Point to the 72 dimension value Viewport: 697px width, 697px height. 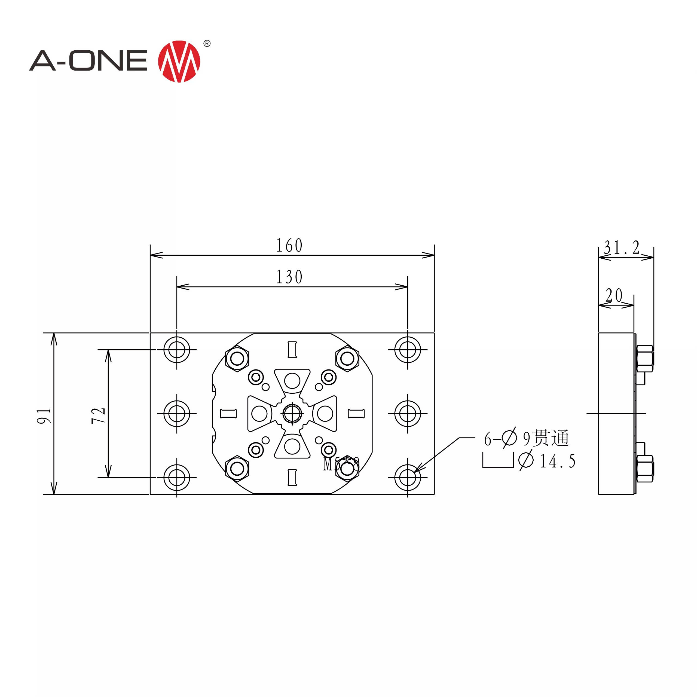tap(98, 415)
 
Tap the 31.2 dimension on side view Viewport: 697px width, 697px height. tap(622, 248)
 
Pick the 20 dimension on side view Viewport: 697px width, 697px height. tap(614, 295)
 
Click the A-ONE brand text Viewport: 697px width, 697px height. tap(88, 61)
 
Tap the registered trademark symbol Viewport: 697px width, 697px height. tap(207, 44)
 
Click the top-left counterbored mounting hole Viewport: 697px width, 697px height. tap(177, 350)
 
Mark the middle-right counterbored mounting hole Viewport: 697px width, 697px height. tap(408, 414)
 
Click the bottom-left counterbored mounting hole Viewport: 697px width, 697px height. tap(177, 477)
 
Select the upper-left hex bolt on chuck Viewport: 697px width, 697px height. tap(237, 359)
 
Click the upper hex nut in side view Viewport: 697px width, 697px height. tap(645, 359)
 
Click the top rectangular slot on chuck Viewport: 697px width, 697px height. tap(292, 350)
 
